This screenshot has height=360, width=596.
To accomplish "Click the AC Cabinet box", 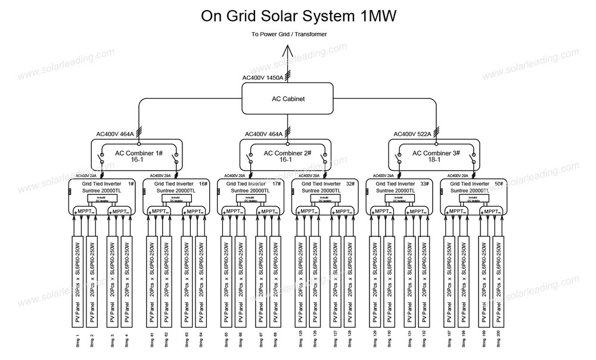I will click(287, 100).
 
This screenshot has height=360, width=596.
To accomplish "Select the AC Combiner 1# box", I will click(139, 156).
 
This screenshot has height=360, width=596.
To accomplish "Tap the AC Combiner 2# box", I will click(287, 156).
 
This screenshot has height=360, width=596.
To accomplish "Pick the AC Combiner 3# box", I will click(436, 156).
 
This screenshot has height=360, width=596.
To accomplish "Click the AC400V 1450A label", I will click(263, 78).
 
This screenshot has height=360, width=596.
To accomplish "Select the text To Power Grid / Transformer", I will click(289, 34).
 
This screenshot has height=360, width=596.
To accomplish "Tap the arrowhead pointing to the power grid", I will click(288, 48).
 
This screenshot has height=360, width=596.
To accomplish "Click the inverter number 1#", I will click(131, 184).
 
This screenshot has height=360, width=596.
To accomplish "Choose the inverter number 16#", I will click(204, 184).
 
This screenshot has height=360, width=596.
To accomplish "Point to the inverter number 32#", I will click(352, 184).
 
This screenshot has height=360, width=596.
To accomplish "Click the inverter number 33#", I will click(426, 184).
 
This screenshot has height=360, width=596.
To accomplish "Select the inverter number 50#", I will click(499, 184).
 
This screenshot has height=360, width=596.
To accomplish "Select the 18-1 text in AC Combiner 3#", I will click(436, 160).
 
